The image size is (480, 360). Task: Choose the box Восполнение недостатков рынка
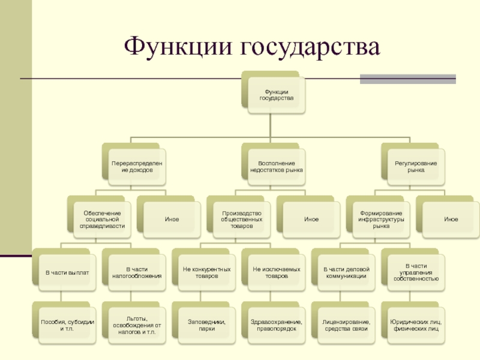277,166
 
